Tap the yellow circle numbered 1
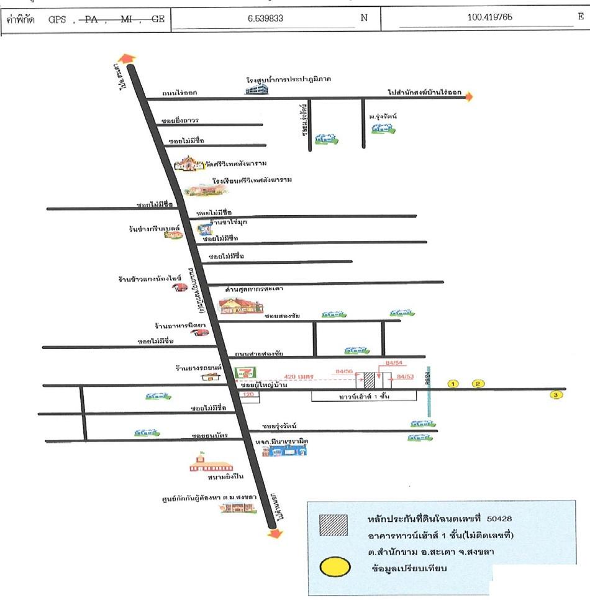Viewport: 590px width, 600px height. point(453,384)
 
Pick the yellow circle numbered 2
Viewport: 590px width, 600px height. point(478,384)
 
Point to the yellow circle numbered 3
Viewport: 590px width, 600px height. point(556,394)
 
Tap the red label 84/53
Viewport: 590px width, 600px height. point(405,377)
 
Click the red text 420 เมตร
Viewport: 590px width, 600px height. point(297,376)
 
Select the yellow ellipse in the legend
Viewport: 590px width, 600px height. point(335,567)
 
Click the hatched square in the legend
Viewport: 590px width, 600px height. point(333,525)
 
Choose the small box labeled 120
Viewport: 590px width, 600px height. point(250,395)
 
